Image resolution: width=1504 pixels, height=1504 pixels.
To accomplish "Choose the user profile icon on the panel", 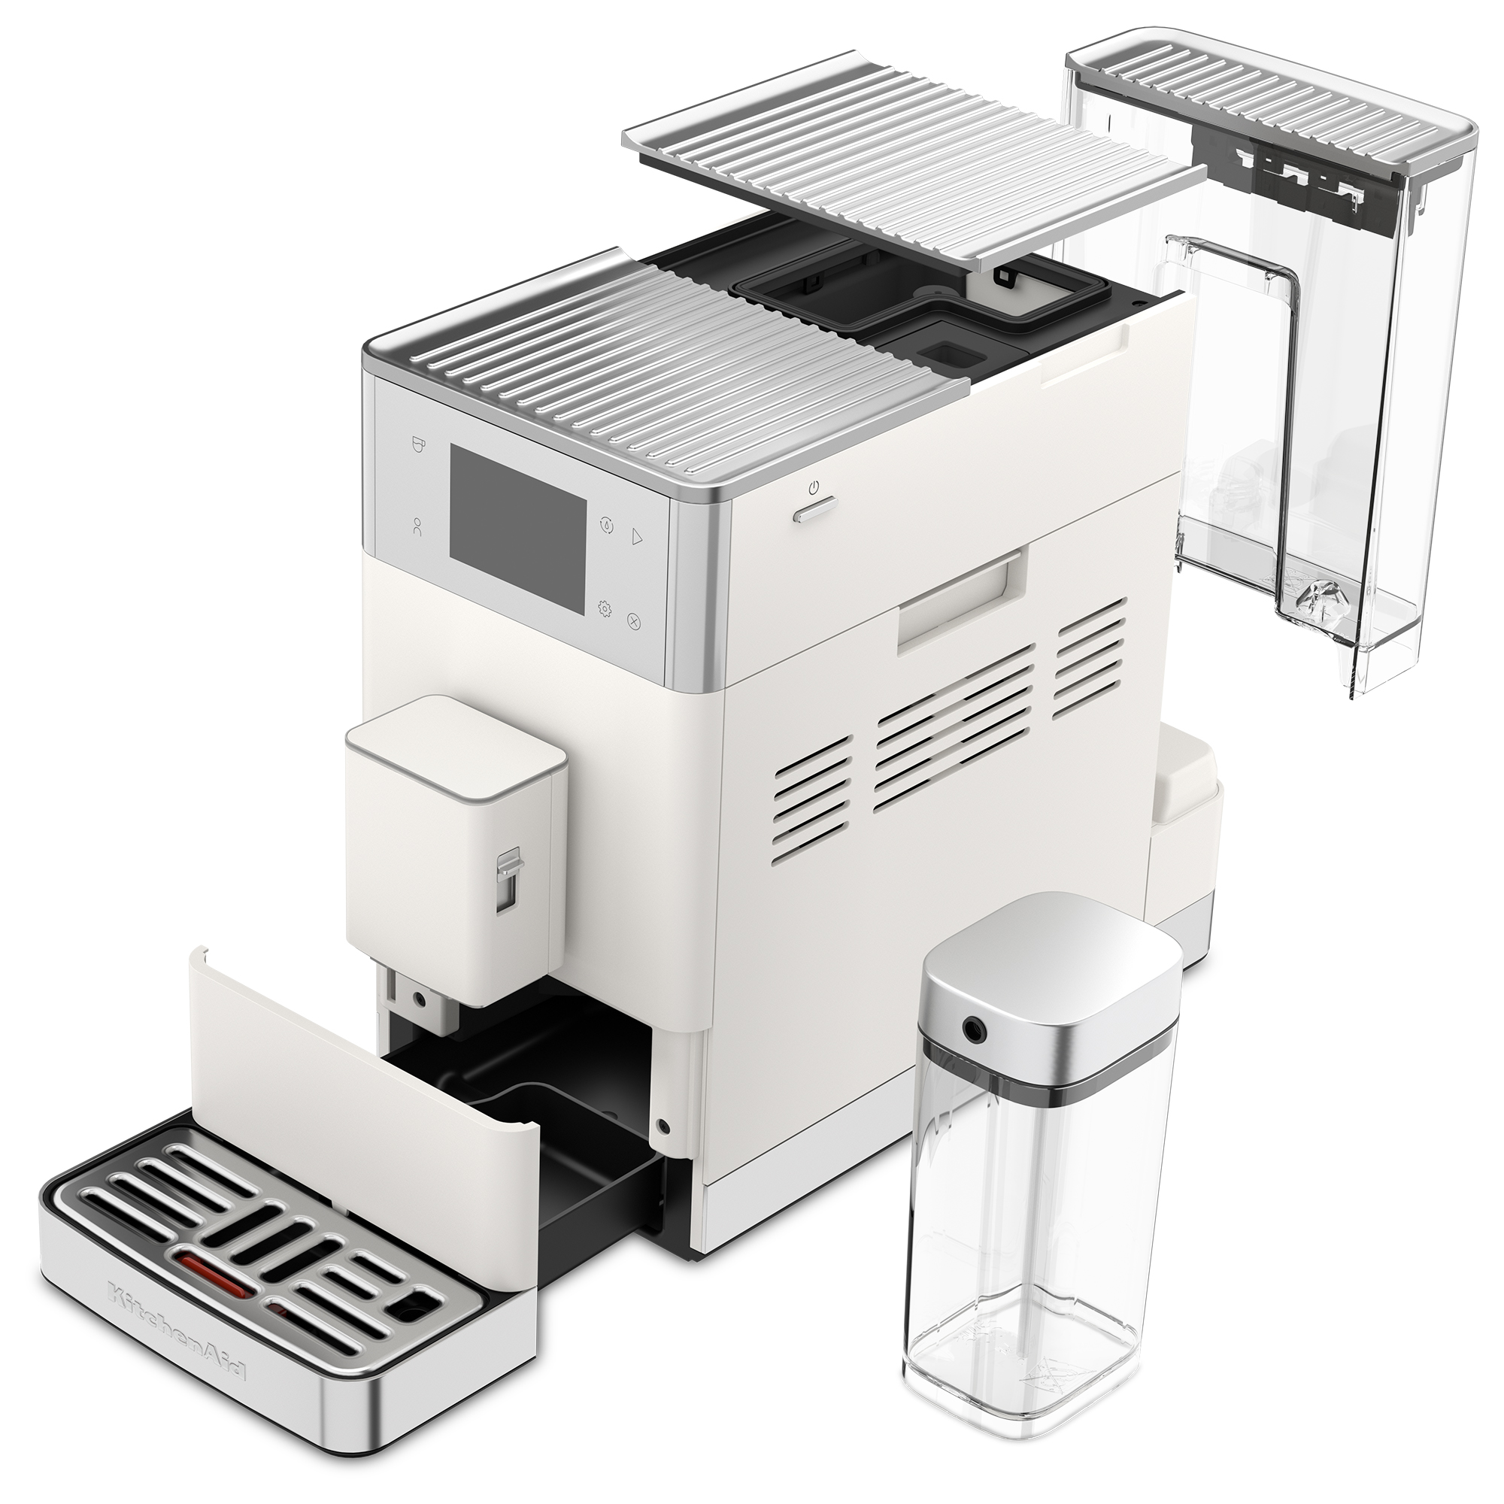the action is point(419,527).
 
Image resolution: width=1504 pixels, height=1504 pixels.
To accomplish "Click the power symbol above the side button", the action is point(814,489).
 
